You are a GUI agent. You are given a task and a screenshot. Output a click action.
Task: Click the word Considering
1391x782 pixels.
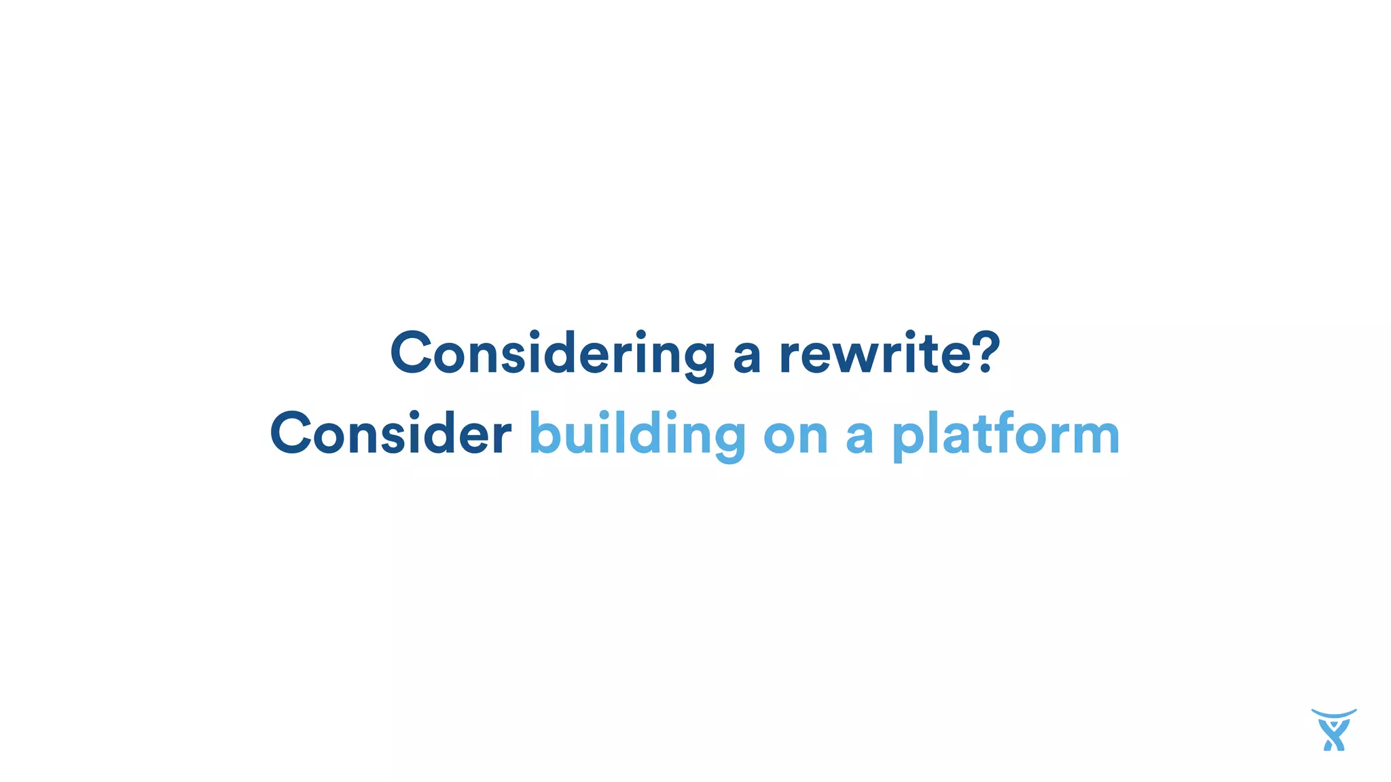[552, 353]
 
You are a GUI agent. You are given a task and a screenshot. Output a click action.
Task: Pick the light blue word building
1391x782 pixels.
[637, 434]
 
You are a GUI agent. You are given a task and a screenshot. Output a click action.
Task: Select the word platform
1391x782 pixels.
[1005, 434]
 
